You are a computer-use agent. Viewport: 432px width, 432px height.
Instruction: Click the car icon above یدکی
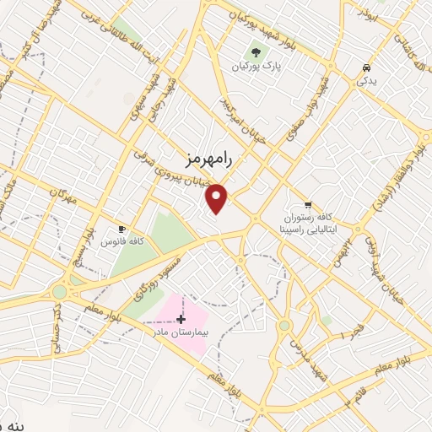365,67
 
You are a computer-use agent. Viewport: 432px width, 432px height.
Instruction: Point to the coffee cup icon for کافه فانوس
121,229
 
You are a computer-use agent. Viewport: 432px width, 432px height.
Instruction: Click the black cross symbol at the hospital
181,319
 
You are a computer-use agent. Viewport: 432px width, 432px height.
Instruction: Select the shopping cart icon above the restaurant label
308,204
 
